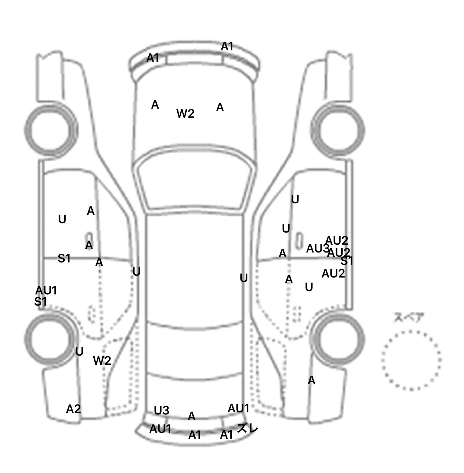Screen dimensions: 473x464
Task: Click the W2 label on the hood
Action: pyautogui.click(x=185, y=114)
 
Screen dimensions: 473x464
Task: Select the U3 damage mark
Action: pyautogui.click(x=161, y=411)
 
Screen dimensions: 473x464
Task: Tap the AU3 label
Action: pyautogui.click(x=317, y=249)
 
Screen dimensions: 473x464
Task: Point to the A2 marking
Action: pyautogui.click(x=73, y=409)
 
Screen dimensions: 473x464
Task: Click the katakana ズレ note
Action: pyautogui.click(x=247, y=428)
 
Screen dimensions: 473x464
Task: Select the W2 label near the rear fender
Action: pyautogui.click(x=102, y=360)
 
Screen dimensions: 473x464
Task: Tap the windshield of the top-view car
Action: pyautogui.click(x=195, y=184)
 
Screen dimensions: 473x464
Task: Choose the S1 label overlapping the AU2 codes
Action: pyautogui.click(x=346, y=261)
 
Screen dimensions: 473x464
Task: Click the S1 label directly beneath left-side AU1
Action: pyautogui.click(x=40, y=301)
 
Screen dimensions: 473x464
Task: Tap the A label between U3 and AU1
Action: pyautogui.click(x=192, y=417)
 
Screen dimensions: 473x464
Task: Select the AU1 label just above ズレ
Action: pyautogui.click(x=238, y=408)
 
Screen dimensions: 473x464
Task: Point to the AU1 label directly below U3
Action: pyautogui.click(x=160, y=429)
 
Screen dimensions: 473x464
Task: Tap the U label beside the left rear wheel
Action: pyautogui.click(x=79, y=352)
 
